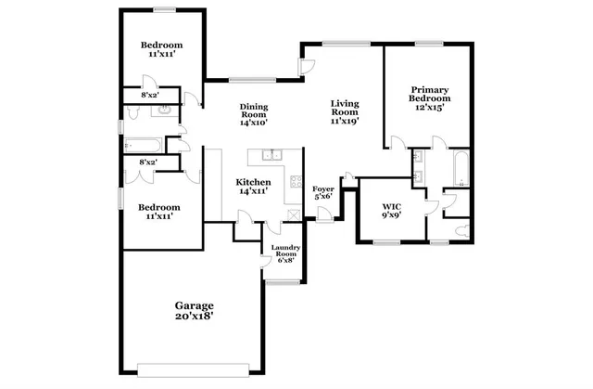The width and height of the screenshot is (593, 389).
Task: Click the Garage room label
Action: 195,305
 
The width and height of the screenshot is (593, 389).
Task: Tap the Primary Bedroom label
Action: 430,94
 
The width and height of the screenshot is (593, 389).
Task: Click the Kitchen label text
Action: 253,182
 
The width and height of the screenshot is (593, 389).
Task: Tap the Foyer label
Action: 322,188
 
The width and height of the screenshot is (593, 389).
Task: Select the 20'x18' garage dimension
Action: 195,318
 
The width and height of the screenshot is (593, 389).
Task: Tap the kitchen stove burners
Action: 296,181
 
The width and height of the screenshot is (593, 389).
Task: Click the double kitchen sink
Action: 271,155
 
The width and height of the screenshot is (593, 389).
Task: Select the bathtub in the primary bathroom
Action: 460,167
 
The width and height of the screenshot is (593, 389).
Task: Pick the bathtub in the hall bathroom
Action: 145,144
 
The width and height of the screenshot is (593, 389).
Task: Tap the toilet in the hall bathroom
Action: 133,112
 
